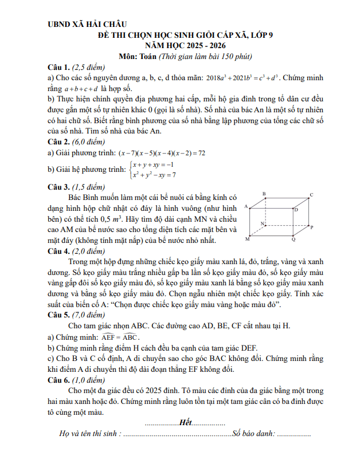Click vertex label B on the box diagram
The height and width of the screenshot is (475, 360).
pos(264,194)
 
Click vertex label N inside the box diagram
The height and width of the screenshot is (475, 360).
pos(262,223)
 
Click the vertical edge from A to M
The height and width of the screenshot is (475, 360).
pos(253,221)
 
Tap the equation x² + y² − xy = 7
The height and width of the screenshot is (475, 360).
pos(155,175)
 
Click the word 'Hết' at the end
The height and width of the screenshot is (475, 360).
pos(185,422)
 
